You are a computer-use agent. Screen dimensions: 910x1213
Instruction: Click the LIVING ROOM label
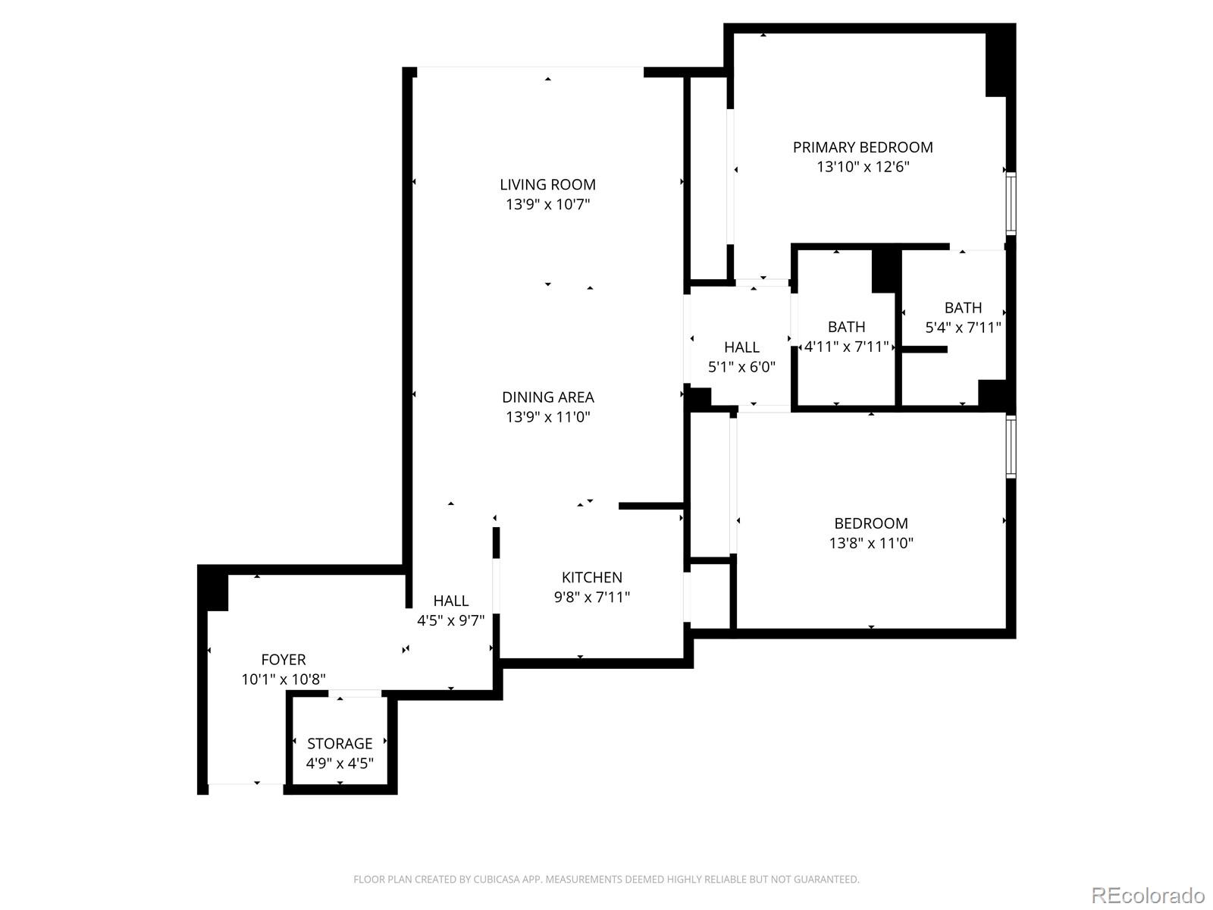(x=547, y=184)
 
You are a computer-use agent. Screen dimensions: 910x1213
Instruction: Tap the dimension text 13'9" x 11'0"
(x=547, y=416)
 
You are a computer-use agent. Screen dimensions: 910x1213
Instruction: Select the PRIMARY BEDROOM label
(x=863, y=147)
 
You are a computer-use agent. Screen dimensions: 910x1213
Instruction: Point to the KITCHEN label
(x=591, y=577)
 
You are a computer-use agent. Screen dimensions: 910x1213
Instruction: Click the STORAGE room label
(x=340, y=743)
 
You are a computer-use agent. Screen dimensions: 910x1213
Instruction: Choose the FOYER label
(x=284, y=660)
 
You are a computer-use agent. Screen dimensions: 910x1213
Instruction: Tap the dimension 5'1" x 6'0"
(x=741, y=367)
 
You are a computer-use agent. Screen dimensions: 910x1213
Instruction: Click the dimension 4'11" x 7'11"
(x=846, y=347)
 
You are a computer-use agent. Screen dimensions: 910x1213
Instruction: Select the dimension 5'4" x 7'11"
(x=963, y=328)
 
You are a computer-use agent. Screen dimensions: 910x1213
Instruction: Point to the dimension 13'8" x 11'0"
(x=870, y=543)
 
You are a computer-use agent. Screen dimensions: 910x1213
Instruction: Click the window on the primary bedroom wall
(x=1011, y=203)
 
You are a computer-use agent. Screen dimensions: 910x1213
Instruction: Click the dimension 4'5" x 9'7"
(x=450, y=620)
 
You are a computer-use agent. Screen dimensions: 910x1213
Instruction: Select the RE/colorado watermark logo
(x=1148, y=895)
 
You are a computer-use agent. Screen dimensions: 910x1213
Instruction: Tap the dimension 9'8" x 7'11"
(x=591, y=597)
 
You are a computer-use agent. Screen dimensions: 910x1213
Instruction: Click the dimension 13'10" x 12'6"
(x=863, y=167)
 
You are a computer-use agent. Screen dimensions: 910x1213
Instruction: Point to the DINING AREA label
(x=547, y=397)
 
